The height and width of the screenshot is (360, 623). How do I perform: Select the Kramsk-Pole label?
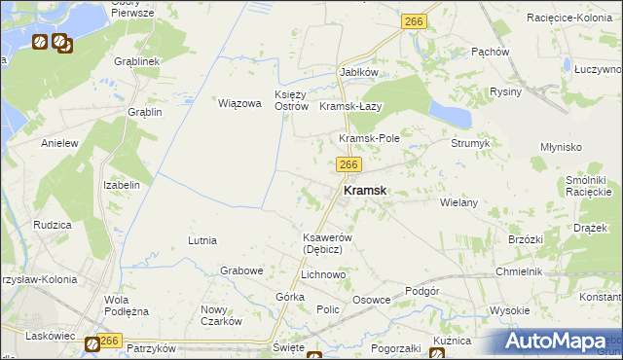369,138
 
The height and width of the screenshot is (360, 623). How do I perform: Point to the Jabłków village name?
358,73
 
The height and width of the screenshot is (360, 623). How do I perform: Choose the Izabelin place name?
122,184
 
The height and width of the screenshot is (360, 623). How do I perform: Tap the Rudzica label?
52,225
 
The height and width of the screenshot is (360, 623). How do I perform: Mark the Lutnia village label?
202,239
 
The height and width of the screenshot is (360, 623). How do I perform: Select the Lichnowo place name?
324,275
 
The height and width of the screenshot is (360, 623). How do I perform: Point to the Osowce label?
372,300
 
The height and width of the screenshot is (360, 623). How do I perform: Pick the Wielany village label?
458,202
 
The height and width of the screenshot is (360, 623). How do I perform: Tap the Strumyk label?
470,143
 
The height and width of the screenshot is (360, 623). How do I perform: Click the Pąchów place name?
490,52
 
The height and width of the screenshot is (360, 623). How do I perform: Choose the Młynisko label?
561,146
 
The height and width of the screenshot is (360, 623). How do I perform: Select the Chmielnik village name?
518,271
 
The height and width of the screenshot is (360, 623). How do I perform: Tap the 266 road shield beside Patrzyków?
108,341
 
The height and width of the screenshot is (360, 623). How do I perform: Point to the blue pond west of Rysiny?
451,113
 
